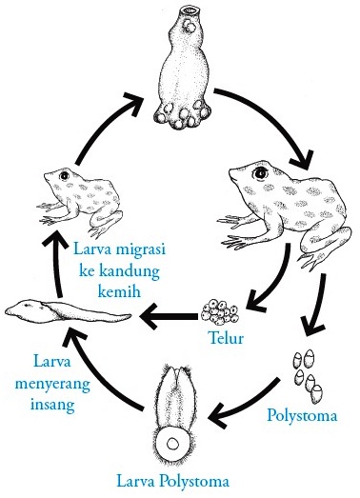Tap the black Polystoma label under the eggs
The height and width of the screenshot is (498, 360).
click(302, 414)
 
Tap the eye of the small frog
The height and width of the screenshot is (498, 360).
click(64, 177)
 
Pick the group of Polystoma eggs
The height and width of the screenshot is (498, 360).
click(306, 373)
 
